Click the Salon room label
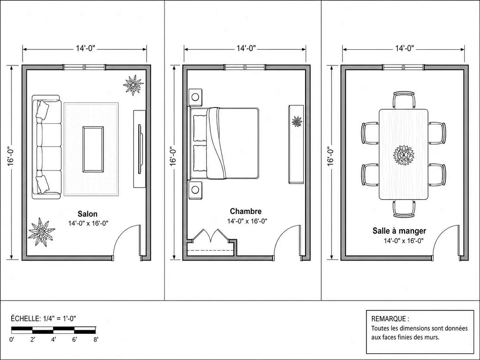point(88,214)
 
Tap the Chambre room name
point(246,211)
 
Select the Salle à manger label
point(399,231)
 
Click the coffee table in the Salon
point(93,150)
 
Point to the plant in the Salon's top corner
point(133,85)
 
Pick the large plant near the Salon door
point(41,232)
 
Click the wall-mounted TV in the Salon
point(140,149)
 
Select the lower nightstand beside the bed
point(195,190)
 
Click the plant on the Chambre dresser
point(297,122)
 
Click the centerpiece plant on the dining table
point(403,155)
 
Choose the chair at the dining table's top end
point(404,100)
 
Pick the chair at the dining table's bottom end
point(404,209)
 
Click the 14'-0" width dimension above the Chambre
point(246,48)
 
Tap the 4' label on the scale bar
point(54,339)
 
